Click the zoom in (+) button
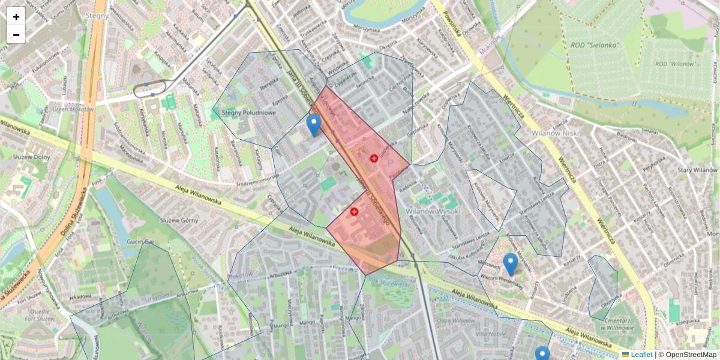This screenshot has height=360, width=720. [16, 17]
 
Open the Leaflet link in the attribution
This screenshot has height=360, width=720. [641, 355]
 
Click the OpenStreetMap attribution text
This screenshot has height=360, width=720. [689, 355]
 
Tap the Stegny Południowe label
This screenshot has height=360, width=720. [248, 112]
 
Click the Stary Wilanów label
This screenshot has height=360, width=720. [697, 170]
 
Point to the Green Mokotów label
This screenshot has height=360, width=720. [73, 109]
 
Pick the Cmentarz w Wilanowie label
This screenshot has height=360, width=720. [613, 324]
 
